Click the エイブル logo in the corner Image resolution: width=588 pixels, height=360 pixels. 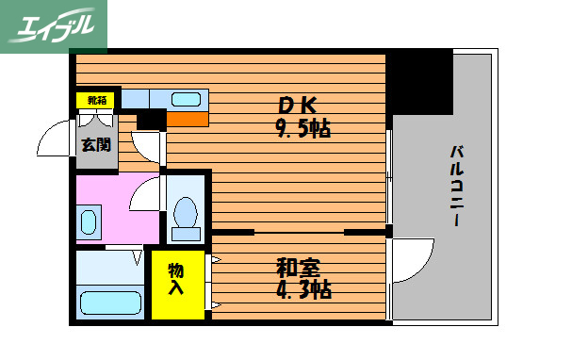point(53,25)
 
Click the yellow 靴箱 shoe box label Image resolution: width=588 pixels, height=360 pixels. point(97,100)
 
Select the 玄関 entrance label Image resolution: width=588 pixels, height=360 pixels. point(94,145)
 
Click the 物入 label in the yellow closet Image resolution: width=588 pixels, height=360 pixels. point(176,279)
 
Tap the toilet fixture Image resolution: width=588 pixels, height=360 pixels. point(186,216)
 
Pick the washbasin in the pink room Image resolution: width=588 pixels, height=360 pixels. point(89,223)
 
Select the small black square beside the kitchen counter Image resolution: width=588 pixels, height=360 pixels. point(150,120)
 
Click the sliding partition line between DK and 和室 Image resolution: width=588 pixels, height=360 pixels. point(299,231)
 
